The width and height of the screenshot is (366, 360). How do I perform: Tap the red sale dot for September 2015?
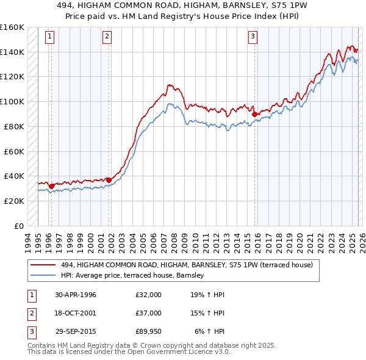point(254,113)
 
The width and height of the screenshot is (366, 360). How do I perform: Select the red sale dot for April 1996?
point(52,186)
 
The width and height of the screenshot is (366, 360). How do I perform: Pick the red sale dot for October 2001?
point(109,179)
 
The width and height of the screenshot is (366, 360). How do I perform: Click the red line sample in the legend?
point(43,265)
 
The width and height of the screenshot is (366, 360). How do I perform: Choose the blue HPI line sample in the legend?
point(43,276)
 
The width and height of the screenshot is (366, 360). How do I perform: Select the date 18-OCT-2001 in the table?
point(75,312)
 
